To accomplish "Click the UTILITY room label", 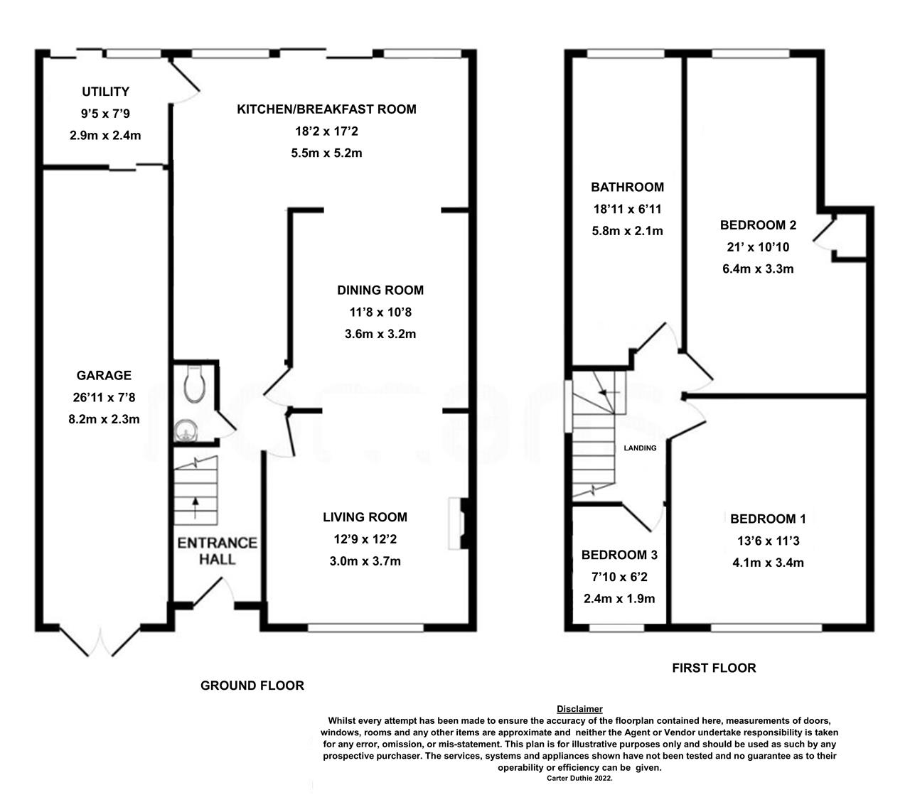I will click(x=105, y=92).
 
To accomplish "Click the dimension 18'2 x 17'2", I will click(x=326, y=131).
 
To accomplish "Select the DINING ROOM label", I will click(x=380, y=290).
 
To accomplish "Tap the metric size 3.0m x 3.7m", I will click(x=365, y=561).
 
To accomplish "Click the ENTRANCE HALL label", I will click(x=217, y=551).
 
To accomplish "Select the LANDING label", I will click(x=640, y=448).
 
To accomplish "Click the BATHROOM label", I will click(x=627, y=188).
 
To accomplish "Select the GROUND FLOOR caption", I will click(x=252, y=686).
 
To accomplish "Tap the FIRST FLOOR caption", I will click(x=714, y=668).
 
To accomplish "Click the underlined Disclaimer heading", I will click(x=579, y=709).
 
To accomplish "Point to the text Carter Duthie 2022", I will click(x=579, y=779).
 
